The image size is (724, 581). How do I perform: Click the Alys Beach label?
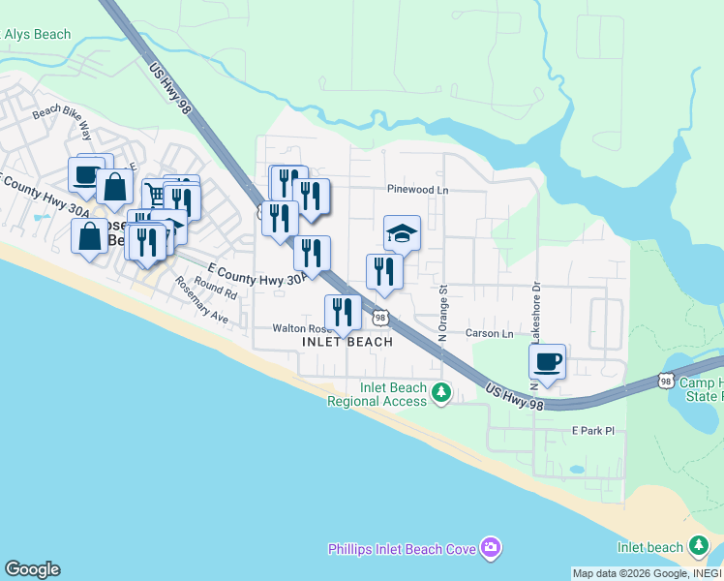pyautogui.click(x=38, y=35)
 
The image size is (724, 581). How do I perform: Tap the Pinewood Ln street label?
pyautogui.click(x=417, y=191)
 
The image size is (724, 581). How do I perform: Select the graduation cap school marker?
pyautogui.click(x=403, y=233)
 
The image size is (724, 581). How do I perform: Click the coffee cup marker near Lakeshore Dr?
pyautogui.click(x=547, y=362)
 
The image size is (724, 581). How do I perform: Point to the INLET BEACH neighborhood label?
pyautogui.click(x=347, y=342)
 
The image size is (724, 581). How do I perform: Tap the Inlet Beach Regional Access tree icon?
pyautogui.click(x=441, y=392)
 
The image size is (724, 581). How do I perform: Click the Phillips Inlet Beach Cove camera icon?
pyautogui.click(x=490, y=549)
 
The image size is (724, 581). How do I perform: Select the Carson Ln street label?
pyautogui.click(x=489, y=334)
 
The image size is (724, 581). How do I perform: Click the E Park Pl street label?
pyautogui.click(x=593, y=429)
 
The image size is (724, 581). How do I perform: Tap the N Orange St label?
pyautogui.click(x=442, y=313)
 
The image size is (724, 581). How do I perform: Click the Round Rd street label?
pyautogui.click(x=215, y=287)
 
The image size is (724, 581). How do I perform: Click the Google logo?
pyautogui.click(x=32, y=569)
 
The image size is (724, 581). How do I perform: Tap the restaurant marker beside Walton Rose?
pyautogui.click(x=343, y=312)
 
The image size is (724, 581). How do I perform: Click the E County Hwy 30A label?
pyautogui.click(x=257, y=273)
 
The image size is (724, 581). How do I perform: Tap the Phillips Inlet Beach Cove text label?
pyautogui.click(x=401, y=549)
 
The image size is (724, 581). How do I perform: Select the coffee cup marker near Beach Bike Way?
pyautogui.click(x=86, y=175)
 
